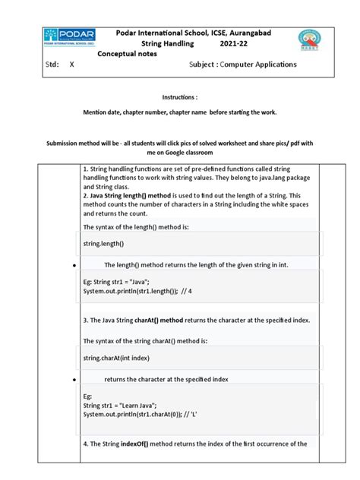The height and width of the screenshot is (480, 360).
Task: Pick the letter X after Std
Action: pos(72,65)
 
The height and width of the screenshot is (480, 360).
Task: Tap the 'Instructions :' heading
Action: pos(179,98)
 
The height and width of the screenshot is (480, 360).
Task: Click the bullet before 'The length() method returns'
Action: pos(71,267)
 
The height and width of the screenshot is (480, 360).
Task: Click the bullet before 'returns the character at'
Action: pos(71,379)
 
